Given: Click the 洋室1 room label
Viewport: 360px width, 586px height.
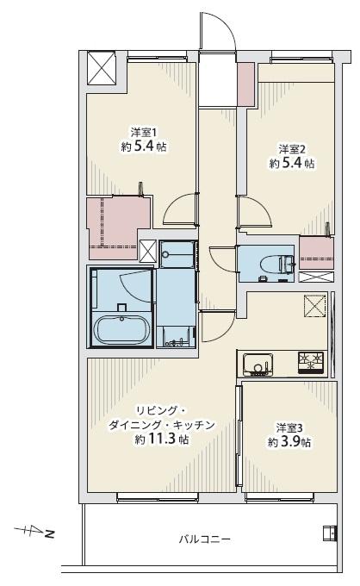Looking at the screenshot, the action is [143, 133].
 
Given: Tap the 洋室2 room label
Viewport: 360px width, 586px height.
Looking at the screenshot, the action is [292, 149].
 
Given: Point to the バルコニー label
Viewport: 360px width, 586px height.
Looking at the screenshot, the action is [204, 539].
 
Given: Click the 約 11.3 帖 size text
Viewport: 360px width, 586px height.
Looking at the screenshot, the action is [161, 439].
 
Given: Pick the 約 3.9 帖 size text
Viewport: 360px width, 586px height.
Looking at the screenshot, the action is [289, 442].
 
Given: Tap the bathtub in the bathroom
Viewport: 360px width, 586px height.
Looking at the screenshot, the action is [121, 330].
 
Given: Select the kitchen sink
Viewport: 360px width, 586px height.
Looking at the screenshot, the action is [258, 364].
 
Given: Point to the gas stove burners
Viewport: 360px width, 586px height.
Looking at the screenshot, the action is [311, 362].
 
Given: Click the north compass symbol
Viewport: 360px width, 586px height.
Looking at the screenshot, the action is [34, 531].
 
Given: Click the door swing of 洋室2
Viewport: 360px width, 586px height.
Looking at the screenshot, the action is [254, 210].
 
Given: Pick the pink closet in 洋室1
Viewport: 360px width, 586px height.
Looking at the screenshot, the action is [115, 228].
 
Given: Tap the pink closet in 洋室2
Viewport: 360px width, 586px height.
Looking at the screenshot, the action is [317, 252].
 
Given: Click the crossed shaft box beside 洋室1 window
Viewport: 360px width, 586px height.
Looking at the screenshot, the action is [102, 68].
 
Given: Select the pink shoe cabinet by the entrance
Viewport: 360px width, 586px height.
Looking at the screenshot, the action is [245, 84].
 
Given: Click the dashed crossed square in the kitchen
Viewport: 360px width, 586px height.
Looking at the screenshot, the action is [314, 306].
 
